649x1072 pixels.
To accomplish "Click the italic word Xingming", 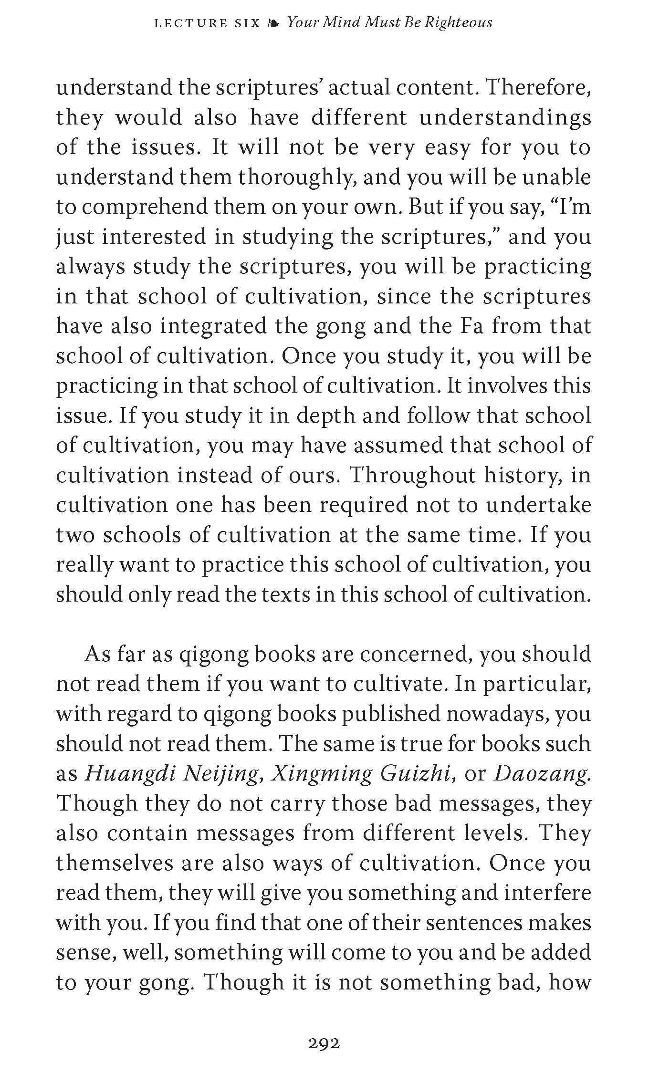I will [322, 773].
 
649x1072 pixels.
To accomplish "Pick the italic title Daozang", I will [542, 773].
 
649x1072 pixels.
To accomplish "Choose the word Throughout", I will [413, 475].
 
